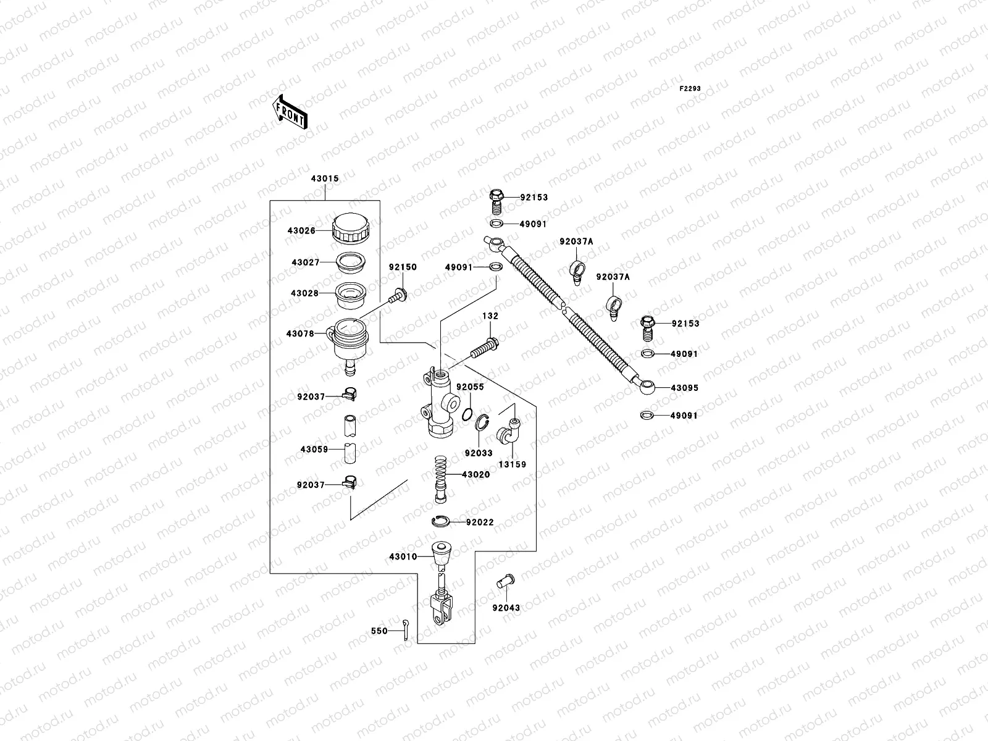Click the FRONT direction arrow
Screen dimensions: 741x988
point(290,112)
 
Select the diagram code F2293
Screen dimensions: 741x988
point(690,89)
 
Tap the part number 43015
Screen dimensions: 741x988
point(324,179)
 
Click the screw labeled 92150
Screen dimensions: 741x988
point(396,295)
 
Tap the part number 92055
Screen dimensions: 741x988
point(470,387)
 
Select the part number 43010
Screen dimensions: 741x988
point(403,556)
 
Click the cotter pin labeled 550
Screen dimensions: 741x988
point(405,630)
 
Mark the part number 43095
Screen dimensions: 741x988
point(685,388)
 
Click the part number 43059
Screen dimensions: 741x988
point(314,450)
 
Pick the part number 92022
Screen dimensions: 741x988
point(480,522)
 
